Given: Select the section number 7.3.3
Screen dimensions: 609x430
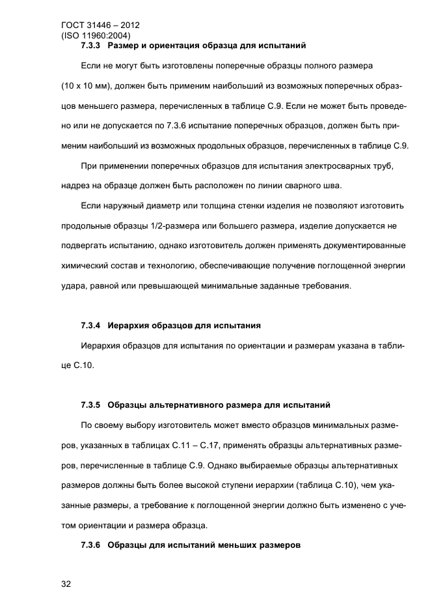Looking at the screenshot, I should (92, 46).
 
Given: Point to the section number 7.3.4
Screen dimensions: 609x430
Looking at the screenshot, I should (92, 324).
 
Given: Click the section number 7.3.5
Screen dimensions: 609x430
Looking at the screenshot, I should (92, 404).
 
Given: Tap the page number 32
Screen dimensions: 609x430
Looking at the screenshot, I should (65, 584).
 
